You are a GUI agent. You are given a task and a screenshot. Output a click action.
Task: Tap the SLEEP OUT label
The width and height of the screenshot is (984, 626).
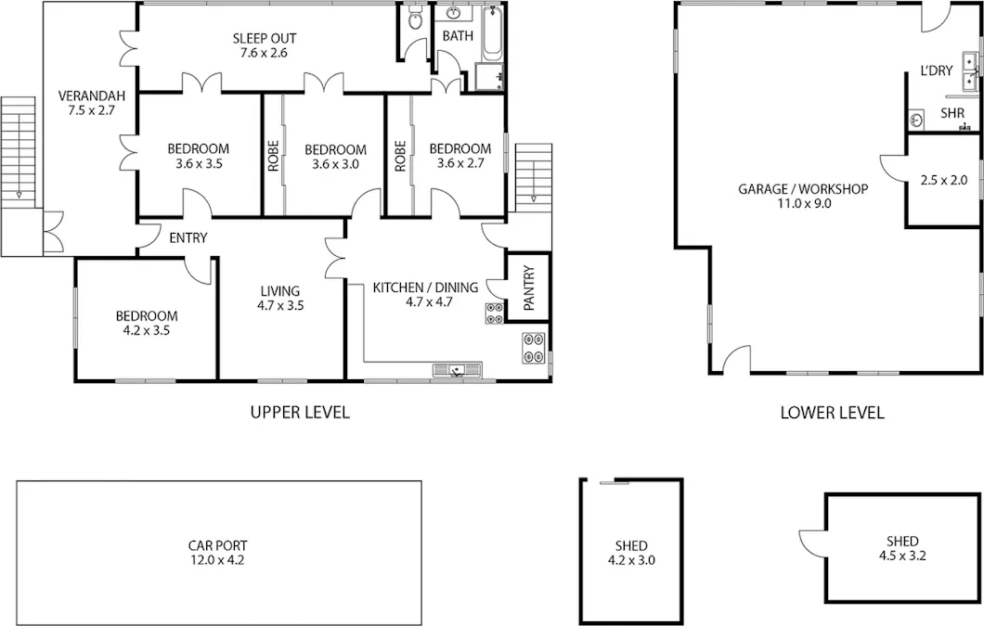(x=265, y=46)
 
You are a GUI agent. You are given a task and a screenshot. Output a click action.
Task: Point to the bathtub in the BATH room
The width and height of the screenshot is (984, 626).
(x=491, y=36)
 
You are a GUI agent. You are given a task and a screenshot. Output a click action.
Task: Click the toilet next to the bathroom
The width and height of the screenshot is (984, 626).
(x=416, y=20)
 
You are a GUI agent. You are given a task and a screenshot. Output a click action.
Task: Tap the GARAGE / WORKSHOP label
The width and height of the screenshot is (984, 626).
(x=803, y=196)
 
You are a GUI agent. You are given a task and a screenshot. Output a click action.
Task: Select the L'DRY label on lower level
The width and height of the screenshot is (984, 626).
(x=936, y=70)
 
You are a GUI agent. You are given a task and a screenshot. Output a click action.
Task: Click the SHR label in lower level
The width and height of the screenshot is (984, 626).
(x=952, y=113)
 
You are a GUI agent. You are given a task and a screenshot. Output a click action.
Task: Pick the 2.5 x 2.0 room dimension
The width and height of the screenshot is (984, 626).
(x=944, y=181)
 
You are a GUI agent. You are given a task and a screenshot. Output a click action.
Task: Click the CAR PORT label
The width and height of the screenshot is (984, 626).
(x=217, y=553)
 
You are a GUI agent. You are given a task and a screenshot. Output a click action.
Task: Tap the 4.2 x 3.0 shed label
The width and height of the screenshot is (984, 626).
(x=631, y=553)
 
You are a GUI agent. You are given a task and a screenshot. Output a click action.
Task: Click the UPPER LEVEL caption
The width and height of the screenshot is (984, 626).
(x=300, y=413)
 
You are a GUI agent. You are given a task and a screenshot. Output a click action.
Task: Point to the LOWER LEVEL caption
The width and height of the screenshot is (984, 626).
(x=832, y=413)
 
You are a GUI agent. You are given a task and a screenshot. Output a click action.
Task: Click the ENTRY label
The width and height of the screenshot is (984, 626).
(x=188, y=238)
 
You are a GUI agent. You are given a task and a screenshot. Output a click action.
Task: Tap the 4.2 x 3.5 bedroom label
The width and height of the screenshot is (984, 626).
(x=146, y=322)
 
